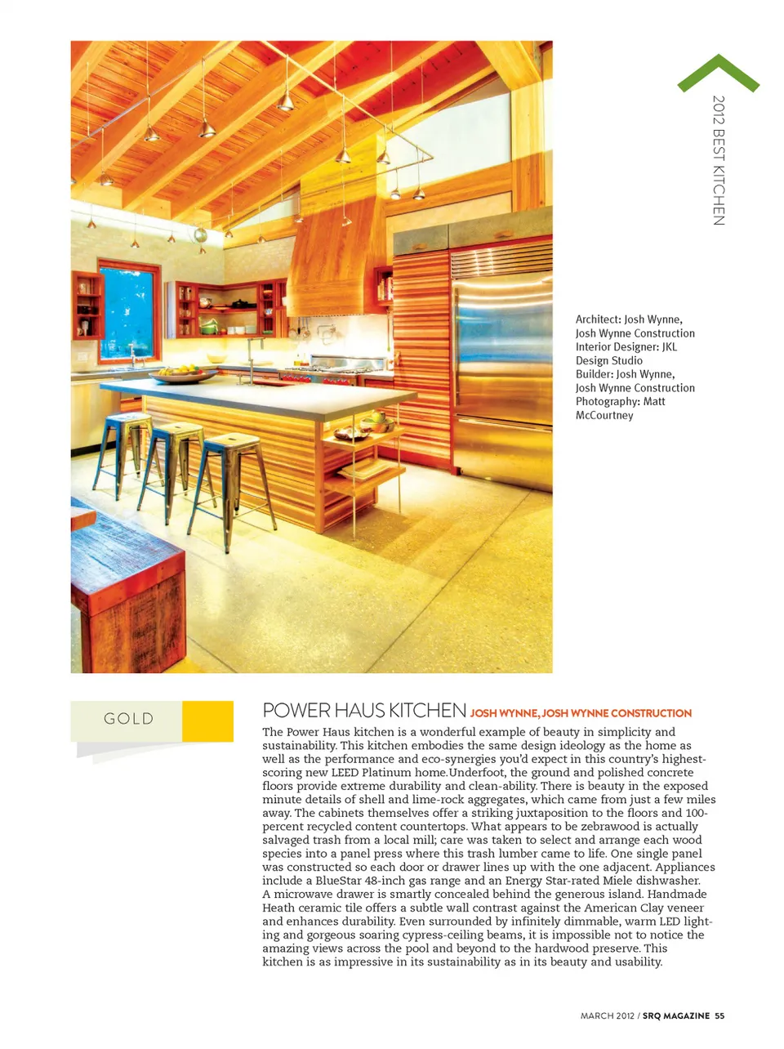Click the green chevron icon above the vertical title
pos(718,73)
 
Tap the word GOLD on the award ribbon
pos(128,719)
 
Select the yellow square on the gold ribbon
pos(207,721)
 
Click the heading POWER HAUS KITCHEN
pos(364,711)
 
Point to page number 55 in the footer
pos(719,1016)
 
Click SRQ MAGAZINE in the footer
pos(675,1016)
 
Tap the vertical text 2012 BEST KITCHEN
pos(718,160)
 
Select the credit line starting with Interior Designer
pos(626,347)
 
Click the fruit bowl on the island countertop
pos(182,375)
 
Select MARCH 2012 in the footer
pos(607,1016)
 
